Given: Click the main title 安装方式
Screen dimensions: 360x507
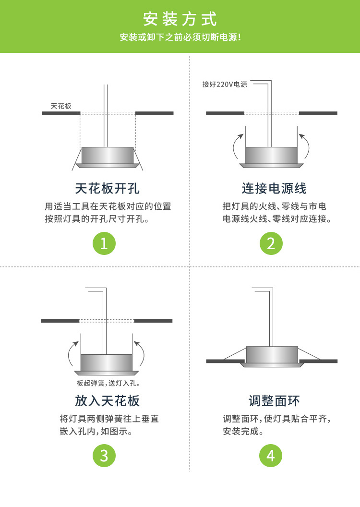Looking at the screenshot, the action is coord(180,19).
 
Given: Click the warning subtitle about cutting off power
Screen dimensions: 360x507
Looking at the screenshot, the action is coord(180,37).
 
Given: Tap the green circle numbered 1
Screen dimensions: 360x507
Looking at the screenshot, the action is coord(104,243).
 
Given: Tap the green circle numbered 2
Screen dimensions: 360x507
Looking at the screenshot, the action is coord(271,243).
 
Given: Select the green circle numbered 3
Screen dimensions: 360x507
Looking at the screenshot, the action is coord(104,455).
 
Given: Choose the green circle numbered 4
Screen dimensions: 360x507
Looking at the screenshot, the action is coord(271,455).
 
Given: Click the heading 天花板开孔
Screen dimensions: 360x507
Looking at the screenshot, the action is coord(108,188).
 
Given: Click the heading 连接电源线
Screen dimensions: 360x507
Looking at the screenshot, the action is coord(274,188).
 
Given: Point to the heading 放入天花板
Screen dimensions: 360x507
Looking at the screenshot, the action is coord(108,400).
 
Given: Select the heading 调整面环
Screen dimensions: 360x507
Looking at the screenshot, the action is coord(274,400).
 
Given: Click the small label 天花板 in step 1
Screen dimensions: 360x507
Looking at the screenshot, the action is coord(61,106).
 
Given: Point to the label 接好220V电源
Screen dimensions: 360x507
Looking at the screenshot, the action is coord(225,84).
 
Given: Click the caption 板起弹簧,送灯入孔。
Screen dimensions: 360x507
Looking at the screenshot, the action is coord(108,384).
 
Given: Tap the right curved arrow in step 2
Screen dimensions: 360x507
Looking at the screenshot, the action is coord(306,146).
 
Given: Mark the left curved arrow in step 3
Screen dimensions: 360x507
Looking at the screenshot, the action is coord(72,354).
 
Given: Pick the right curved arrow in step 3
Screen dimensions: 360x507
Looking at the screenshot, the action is coord(141,354).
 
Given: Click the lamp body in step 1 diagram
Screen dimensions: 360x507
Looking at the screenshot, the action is coord(108,155).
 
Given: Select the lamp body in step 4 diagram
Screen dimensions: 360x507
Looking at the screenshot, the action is coord(272,355).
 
